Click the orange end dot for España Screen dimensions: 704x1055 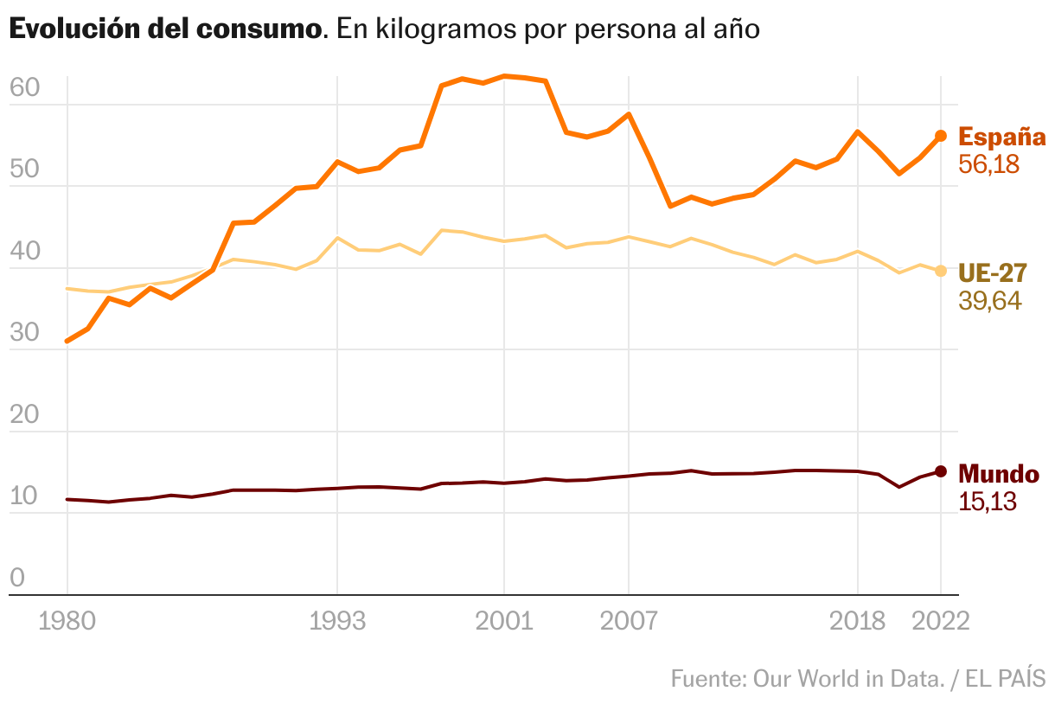coord(941,136)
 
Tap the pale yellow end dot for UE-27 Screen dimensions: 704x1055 coord(941,271)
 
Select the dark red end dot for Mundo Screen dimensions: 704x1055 coord(941,471)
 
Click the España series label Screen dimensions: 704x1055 coord(1002,137)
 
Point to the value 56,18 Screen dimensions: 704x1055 coord(989,164)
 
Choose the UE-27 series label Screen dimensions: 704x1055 coord(992,273)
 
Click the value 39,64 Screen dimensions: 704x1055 coord(990,301)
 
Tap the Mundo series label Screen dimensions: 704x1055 coord(999,474)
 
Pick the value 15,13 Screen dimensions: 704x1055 coord(988,501)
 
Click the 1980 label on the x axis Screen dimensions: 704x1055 coord(67,622)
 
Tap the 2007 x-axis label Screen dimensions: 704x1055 coord(628,622)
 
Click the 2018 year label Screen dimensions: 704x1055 coord(857,622)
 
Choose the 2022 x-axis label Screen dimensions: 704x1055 coord(940,622)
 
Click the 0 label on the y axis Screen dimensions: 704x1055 coord(17,579)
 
